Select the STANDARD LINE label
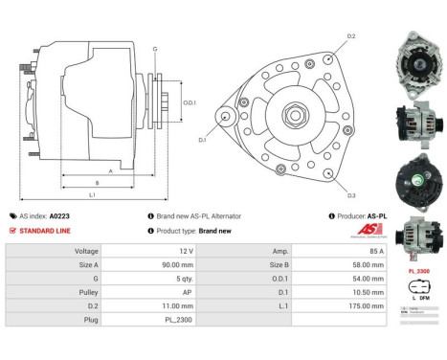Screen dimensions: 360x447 45,231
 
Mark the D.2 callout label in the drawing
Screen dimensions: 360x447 350,36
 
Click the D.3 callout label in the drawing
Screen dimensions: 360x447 351,195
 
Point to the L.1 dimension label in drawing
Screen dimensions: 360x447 92,195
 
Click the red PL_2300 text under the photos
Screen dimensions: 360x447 419,272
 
